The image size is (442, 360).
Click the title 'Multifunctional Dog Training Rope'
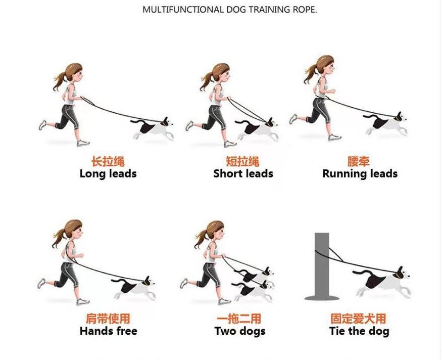pos(229,10)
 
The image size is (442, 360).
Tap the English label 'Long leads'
pos(108,173)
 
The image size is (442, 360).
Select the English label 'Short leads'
pos(243,173)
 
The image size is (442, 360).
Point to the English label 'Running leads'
pos(360,173)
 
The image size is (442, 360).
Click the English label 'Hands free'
pos(108,331)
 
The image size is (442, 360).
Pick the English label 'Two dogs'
pos(240,331)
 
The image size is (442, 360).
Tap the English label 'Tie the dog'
pos(359,331)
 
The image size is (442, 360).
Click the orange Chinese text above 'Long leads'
pos(108,162)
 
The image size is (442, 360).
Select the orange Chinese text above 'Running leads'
pos(358,162)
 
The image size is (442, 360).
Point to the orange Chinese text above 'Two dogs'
pos(239,319)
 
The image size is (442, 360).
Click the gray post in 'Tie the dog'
pos(322,266)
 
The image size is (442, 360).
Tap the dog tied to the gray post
pos(382,282)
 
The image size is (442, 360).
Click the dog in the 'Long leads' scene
pos(152,128)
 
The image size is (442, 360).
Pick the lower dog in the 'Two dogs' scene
pos(253,291)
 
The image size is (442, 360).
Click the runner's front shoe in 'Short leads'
pos(230,144)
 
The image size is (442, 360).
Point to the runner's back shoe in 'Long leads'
pos(42,125)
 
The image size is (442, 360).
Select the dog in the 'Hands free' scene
pos(133,288)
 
